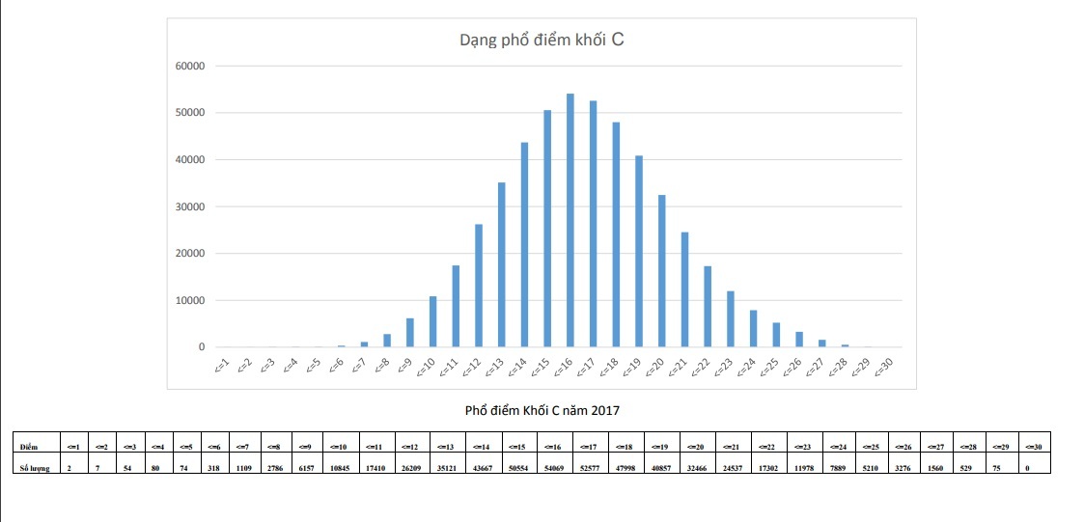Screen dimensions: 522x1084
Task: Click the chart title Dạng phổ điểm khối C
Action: [x=545, y=41]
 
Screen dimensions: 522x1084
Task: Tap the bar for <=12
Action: [x=479, y=286]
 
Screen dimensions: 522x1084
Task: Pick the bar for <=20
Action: [x=662, y=271]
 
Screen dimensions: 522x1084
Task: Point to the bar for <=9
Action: [x=410, y=333]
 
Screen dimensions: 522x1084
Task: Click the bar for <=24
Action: [x=754, y=328]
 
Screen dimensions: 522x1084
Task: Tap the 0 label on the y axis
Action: [x=201, y=347]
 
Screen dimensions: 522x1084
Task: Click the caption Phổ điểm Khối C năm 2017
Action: [x=542, y=410]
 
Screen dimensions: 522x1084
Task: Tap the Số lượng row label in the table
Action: [x=34, y=467]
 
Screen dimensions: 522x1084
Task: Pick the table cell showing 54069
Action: [x=556, y=467]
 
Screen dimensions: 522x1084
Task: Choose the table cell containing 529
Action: [x=968, y=467]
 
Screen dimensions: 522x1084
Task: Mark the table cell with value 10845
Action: [x=341, y=467]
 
